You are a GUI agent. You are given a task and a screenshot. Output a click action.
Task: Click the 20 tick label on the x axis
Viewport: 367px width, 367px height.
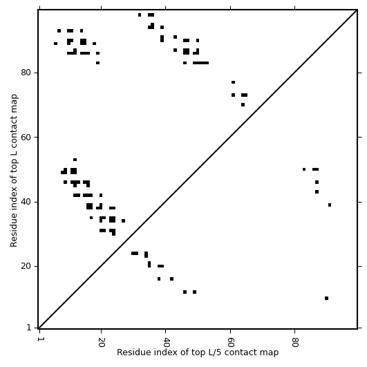click(x=102, y=342)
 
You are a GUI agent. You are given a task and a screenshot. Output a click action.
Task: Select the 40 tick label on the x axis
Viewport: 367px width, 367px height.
click(x=166, y=342)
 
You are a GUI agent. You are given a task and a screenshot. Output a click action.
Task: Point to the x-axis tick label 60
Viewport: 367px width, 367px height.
click(x=231, y=342)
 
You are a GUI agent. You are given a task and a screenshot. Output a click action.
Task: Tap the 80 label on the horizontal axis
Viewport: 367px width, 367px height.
click(x=295, y=342)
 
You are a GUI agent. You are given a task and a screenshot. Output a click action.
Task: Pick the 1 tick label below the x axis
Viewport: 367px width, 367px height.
click(x=39, y=339)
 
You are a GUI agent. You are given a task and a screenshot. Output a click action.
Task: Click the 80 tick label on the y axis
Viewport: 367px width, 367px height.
click(x=26, y=73)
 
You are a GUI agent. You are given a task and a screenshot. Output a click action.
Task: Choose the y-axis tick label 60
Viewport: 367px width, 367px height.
click(x=26, y=137)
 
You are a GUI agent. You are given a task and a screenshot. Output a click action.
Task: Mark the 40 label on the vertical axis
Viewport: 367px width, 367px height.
click(x=26, y=202)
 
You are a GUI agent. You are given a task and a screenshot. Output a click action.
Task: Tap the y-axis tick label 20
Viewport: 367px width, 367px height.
click(x=26, y=266)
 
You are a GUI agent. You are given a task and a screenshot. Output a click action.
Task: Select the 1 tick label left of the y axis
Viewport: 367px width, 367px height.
click(x=29, y=328)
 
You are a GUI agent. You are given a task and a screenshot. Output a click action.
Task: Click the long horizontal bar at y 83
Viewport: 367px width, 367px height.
click(x=200, y=63)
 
